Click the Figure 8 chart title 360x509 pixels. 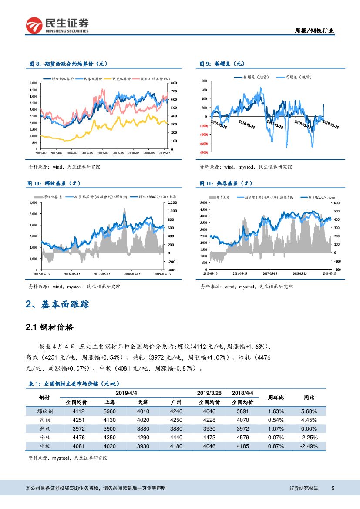pyautogui.click(x=67, y=64)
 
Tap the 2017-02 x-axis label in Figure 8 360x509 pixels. pyautogui.click(x=103, y=153)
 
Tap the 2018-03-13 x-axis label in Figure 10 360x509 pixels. pyautogui.click(x=131, y=274)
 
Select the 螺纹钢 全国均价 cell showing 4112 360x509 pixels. pyautogui.click(x=78, y=411)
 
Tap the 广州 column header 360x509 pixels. pyautogui.click(x=176, y=402)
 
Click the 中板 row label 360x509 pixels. pyautogui.click(x=45, y=446)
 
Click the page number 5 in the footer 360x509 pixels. pyautogui.click(x=333, y=489)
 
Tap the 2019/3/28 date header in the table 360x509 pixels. pyautogui.click(x=209, y=393)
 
